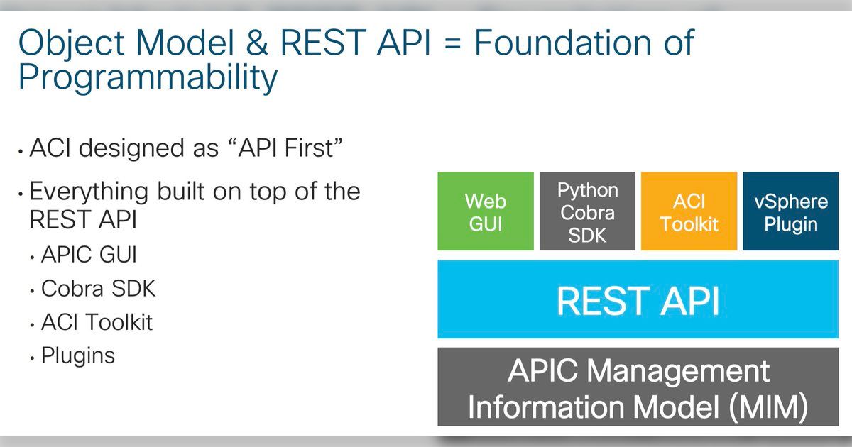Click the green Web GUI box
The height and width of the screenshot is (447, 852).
pyautogui.click(x=485, y=211)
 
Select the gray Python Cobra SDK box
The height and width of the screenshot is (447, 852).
pyautogui.click(x=588, y=211)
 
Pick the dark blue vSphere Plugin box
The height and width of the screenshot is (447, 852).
pyautogui.click(x=791, y=211)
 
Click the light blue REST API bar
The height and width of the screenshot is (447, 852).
pyautogui.click(x=638, y=300)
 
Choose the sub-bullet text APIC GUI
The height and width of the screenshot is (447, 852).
pyautogui.click(x=89, y=254)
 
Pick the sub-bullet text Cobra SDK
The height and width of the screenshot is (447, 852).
pyautogui.click(x=98, y=288)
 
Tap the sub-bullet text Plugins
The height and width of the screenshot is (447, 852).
pyautogui.click(x=78, y=355)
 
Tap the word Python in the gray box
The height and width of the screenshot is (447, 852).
pyautogui.click(x=588, y=190)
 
